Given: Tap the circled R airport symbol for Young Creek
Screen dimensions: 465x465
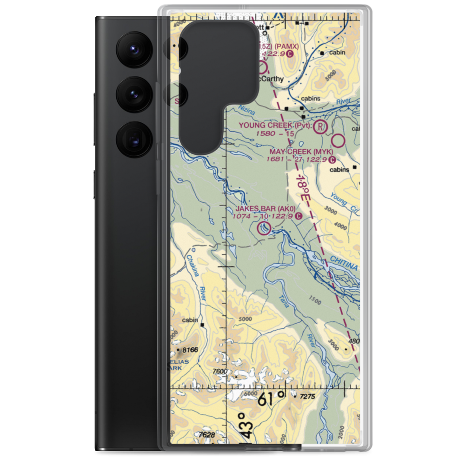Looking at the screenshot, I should tap(320, 126).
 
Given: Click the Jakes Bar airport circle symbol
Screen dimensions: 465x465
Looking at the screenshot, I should tap(265, 228).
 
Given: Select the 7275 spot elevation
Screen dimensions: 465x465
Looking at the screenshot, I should tap(308, 396).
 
